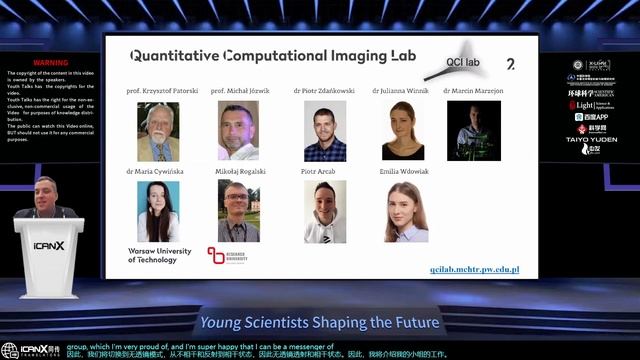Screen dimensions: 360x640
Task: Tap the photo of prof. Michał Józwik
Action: (238, 130)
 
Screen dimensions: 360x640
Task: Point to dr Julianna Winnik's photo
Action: (403, 130)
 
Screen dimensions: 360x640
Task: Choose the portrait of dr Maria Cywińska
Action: (158, 211)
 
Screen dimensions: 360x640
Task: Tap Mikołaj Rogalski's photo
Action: (238, 211)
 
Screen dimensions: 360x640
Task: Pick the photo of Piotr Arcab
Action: (325, 211)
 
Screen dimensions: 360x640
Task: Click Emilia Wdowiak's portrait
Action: (406, 211)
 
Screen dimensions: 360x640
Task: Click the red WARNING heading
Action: (50, 62)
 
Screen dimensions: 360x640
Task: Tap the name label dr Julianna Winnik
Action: (403, 90)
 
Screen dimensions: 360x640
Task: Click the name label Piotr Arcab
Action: (323, 171)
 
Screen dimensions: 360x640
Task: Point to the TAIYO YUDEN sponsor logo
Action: (593, 139)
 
